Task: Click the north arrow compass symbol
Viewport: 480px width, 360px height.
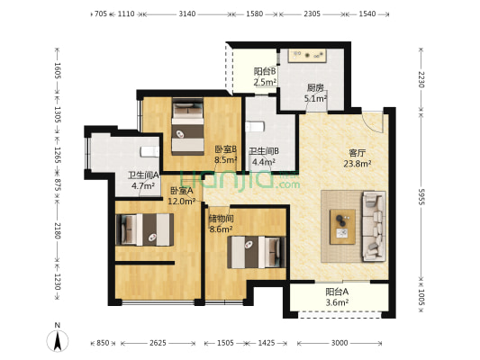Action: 58,338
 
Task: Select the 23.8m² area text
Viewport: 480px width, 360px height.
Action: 358,164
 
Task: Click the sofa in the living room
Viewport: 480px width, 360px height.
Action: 374,226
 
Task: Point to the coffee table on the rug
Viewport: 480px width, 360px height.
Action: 342,227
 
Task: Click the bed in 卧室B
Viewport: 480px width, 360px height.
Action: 187,126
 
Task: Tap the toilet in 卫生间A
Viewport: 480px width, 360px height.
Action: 149,151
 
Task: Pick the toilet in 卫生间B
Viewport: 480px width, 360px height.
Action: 255,127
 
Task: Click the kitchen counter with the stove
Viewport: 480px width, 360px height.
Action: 307,56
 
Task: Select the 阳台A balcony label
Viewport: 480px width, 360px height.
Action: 337,292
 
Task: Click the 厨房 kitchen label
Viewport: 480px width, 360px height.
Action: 315,88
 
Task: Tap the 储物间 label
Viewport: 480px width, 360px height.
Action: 221,219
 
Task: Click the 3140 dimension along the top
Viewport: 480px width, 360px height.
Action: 187,13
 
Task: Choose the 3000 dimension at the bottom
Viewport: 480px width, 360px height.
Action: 340,343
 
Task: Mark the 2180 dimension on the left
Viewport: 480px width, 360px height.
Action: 58,230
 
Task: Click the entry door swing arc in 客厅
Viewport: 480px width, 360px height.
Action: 373,122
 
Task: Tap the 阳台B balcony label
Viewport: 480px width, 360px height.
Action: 265,71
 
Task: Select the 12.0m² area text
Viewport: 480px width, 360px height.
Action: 182,202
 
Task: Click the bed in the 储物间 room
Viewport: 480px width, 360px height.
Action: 257,252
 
